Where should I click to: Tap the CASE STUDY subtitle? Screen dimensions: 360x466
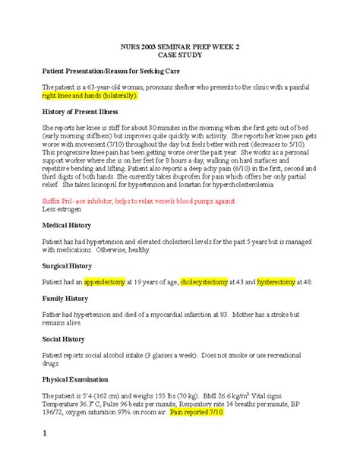tap(179, 56)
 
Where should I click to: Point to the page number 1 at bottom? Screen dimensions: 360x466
tap(45, 455)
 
